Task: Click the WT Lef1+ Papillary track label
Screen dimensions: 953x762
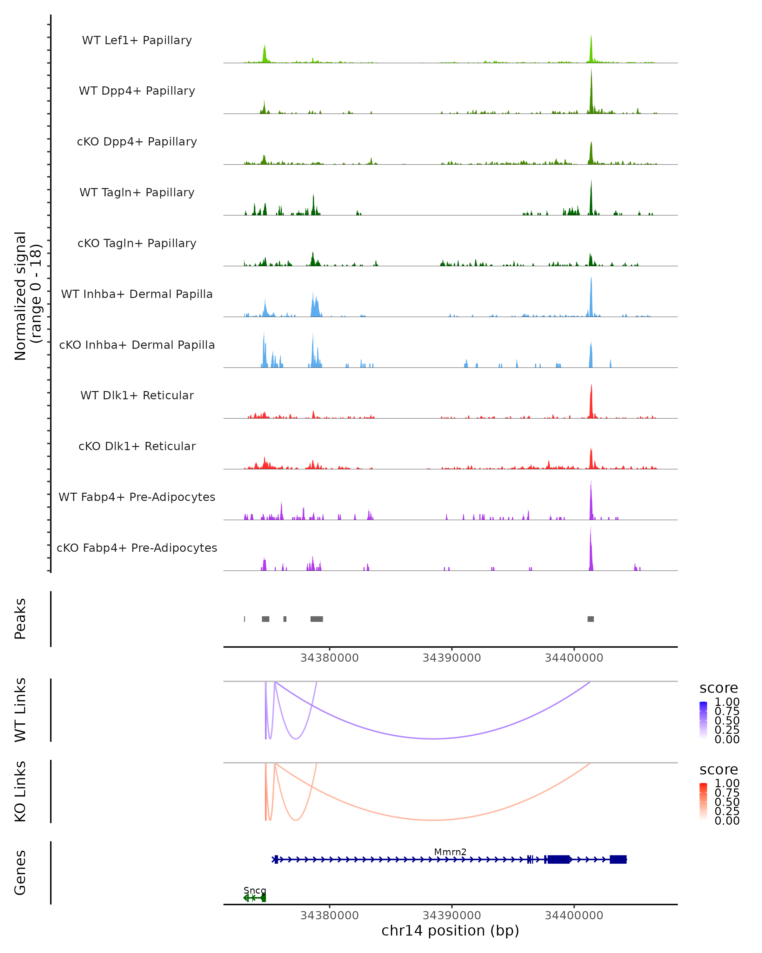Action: click(137, 40)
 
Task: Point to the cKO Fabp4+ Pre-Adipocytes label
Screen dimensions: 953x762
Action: click(137, 548)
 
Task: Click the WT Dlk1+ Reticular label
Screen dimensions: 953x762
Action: click(137, 395)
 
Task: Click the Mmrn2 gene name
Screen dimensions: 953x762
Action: click(450, 852)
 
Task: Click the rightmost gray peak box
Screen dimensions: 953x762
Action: click(591, 619)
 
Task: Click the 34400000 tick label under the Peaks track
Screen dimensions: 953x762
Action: click(574, 658)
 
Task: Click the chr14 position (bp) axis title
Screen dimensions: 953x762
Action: click(450, 930)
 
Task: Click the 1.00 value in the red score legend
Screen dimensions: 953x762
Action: click(727, 783)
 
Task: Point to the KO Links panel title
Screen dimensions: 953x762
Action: click(20, 791)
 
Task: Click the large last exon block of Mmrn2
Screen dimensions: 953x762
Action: click(618, 859)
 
